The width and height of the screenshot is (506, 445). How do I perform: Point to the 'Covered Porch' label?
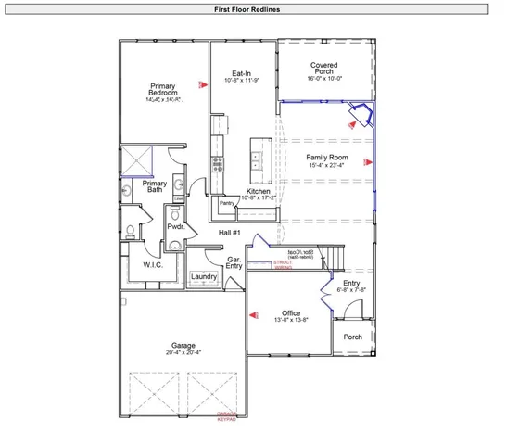324,70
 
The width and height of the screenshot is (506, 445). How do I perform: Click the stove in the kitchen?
218,165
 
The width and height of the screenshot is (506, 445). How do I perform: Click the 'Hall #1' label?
230,233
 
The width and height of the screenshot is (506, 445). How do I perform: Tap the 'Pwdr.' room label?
176,226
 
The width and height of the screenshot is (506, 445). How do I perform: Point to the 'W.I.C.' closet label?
153,265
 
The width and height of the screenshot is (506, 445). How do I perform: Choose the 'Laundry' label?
204,276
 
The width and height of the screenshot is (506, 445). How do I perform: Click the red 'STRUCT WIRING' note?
283,265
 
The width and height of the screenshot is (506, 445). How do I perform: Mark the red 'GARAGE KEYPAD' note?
227,416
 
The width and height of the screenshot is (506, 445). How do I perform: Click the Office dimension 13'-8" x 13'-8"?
291,320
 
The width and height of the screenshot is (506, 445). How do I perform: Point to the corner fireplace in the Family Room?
359,117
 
